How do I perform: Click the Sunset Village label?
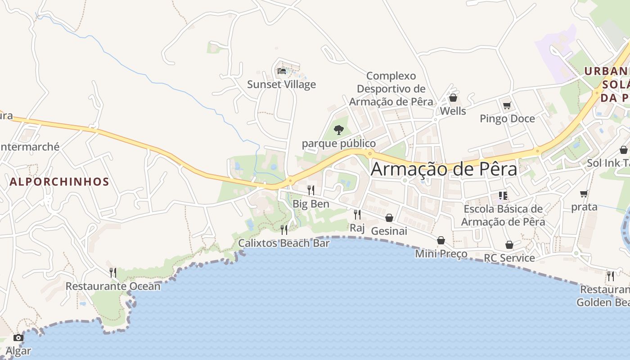click(x=282, y=85)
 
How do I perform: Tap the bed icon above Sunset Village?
click(x=282, y=71)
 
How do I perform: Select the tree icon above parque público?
click(x=338, y=130)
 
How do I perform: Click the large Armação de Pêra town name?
click(x=444, y=169)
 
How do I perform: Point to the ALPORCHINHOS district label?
click(x=59, y=182)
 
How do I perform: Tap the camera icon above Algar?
click(x=18, y=337)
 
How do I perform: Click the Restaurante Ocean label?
click(x=113, y=286)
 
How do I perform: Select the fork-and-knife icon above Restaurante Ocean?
click(x=113, y=272)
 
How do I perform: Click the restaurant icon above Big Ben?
click(x=310, y=190)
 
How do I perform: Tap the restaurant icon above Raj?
click(x=357, y=214)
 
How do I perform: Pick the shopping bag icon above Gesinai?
click(x=389, y=218)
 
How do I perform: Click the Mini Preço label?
click(x=441, y=254)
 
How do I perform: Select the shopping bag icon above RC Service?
click(x=509, y=245)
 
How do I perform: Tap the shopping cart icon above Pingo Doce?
click(x=507, y=106)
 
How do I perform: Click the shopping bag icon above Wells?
click(x=453, y=98)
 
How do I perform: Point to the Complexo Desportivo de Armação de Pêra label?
click(x=391, y=89)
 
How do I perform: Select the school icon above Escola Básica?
click(x=503, y=196)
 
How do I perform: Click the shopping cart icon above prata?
click(x=584, y=194)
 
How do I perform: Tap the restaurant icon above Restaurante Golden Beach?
click(x=611, y=276)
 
